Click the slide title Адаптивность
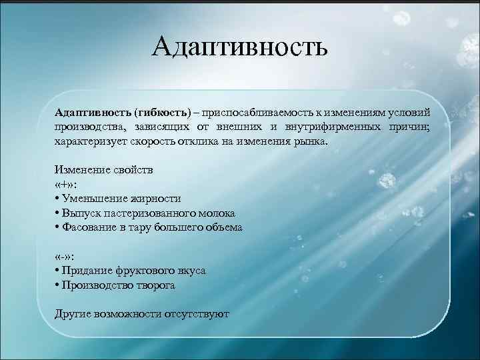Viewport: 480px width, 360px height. pyautogui.click(x=239, y=47)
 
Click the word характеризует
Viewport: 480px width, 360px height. pyautogui.click(x=88, y=142)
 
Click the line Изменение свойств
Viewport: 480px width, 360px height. pyautogui.click(x=103, y=170)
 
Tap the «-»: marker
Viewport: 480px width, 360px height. pyautogui.click(x=66, y=257)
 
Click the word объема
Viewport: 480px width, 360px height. pyautogui.click(x=224, y=227)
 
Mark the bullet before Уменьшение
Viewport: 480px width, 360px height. pyautogui.click(x=57, y=199)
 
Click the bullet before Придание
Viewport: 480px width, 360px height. pyautogui.click(x=57, y=271)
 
